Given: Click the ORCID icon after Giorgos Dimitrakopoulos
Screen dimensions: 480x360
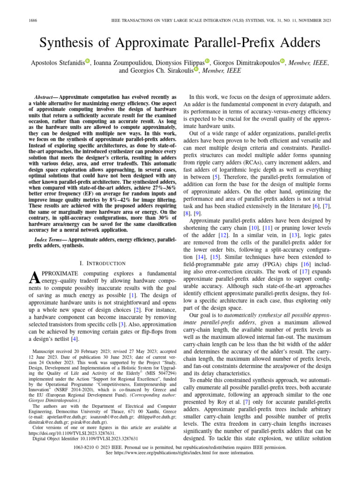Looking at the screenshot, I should click(x=283, y=61).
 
